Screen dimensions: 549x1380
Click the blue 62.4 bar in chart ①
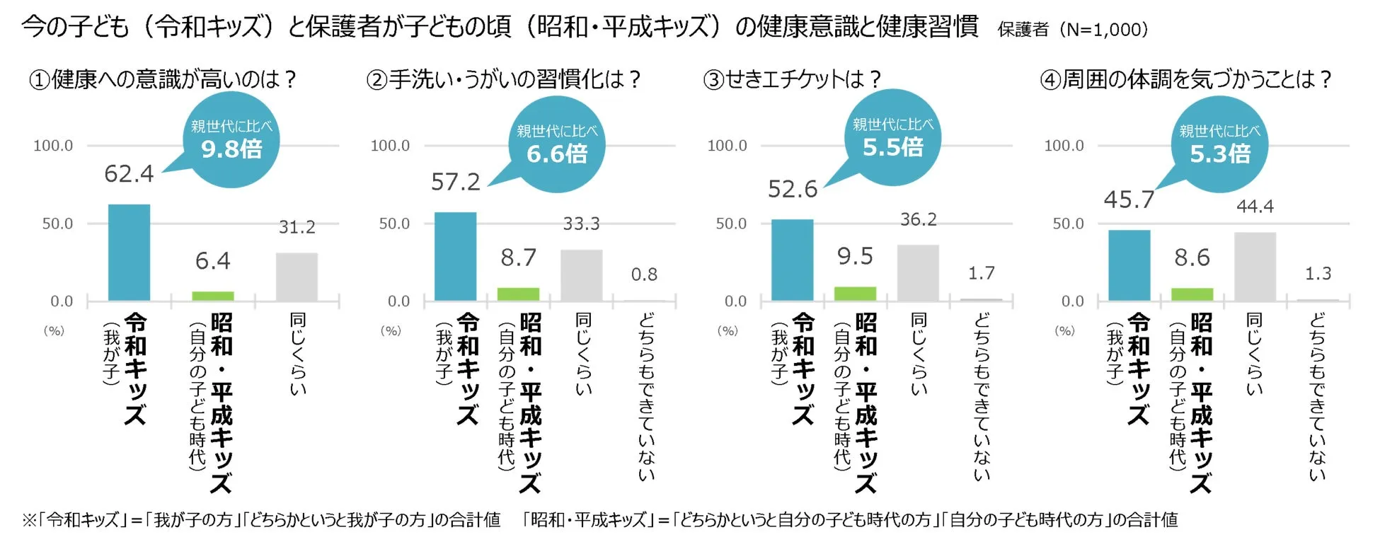click(x=129, y=253)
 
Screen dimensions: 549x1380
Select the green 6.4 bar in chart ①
click(x=213, y=296)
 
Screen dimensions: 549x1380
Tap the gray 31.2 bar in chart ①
click(x=297, y=277)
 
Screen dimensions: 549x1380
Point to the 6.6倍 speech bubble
click(x=556, y=144)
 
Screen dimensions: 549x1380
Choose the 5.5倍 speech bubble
click(x=892, y=138)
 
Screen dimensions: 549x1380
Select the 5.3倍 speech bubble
click(x=1219, y=144)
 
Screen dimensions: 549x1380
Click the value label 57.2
click(x=456, y=183)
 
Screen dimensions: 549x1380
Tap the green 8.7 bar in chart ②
click(x=518, y=294)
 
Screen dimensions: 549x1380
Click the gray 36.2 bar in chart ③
click(x=918, y=273)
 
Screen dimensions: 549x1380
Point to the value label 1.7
click(x=981, y=273)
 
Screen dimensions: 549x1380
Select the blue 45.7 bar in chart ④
click(x=1129, y=265)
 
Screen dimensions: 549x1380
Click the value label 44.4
click(x=1255, y=207)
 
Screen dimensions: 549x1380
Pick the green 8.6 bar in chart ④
click(x=1192, y=294)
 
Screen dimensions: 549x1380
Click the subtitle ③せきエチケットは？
click(x=792, y=79)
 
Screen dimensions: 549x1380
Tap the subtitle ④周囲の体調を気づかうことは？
click(x=1185, y=79)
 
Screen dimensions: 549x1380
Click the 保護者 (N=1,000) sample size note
click(x=1072, y=30)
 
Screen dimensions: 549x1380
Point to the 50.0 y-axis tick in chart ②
click(x=394, y=224)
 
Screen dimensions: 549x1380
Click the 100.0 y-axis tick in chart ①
click(x=53, y=146)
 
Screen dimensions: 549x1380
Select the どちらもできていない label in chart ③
click(x=981, y=396)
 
